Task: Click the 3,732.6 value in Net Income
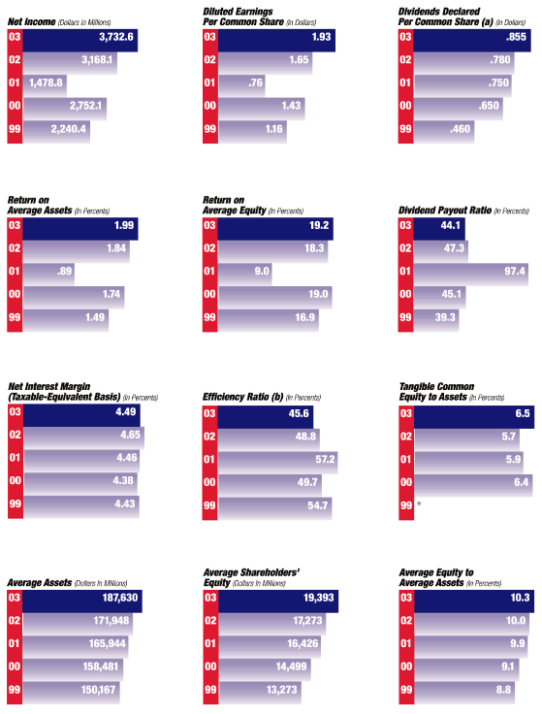click(x=116, y=38)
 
